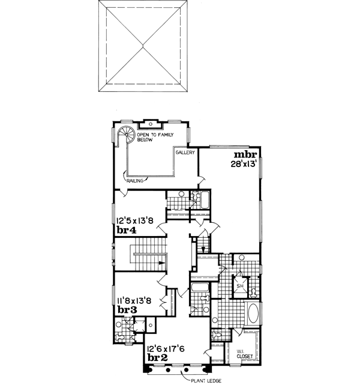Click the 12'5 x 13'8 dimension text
(136, 220)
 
